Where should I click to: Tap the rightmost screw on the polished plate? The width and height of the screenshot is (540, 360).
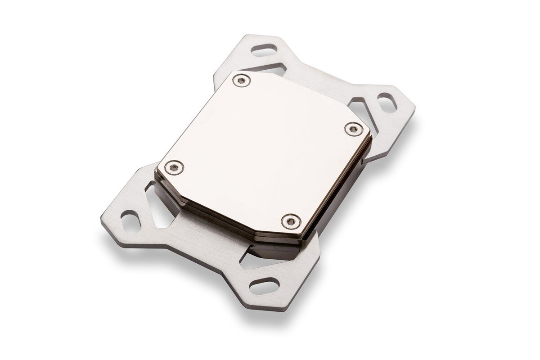click(352, 129)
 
